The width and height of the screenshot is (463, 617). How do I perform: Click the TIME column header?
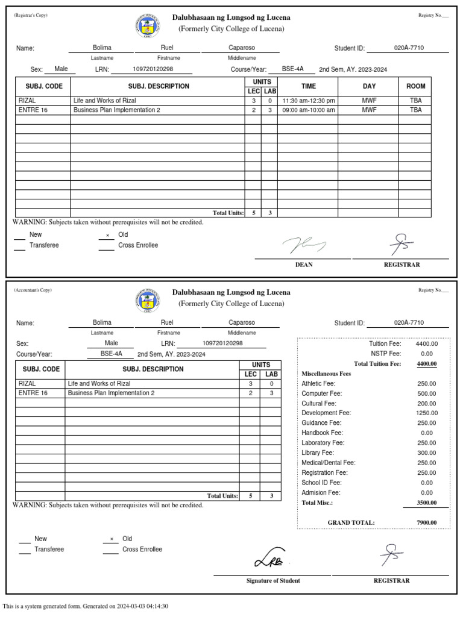point(308,86)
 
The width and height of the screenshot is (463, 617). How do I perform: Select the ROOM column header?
point(415,86)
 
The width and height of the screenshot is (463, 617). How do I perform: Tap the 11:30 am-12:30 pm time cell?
point(308,101)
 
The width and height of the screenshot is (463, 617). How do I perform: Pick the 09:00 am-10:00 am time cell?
point(308,110)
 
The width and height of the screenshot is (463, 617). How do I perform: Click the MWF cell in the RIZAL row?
point(369,101)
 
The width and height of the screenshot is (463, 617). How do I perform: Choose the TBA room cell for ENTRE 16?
point(415,110)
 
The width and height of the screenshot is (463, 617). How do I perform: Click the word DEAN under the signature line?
point(303,265)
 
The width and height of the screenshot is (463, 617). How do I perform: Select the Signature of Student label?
point(273,581)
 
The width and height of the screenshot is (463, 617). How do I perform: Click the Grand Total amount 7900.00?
point(427,522)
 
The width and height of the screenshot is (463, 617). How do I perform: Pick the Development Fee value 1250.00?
point(427,413)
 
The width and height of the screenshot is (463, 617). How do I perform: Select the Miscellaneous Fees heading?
point(326,374)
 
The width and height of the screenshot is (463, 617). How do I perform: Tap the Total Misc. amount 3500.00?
point(427,503)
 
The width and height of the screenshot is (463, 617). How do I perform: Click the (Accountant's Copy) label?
point(33,290)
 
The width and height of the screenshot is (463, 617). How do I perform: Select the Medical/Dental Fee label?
point(329,463)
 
